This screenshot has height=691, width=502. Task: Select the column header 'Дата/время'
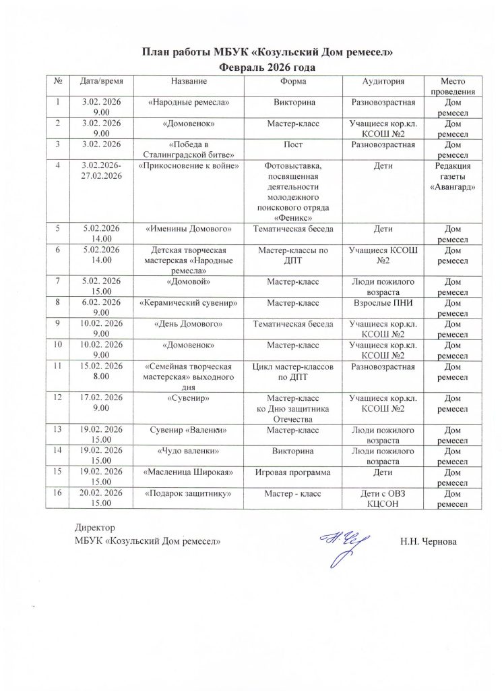99,82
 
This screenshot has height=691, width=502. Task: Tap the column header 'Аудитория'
383,82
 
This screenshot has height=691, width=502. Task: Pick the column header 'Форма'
297,82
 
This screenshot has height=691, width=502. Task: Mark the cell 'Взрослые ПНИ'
383,302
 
